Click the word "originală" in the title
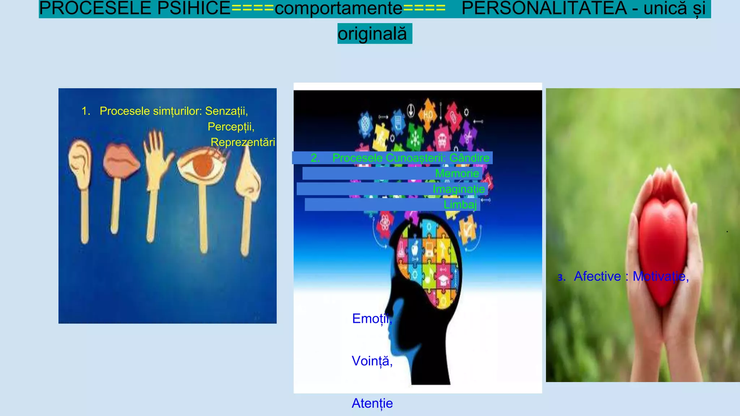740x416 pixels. coord(372,34)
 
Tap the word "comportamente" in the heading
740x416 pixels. coord(338,8)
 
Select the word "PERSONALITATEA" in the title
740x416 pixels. coord(544,8)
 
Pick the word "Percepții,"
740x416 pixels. coord(231,127)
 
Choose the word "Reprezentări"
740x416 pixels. coord(242,142)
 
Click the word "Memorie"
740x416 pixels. coord(457,173)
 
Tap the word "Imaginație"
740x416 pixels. coord(459,189)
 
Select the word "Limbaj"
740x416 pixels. coord(460,205)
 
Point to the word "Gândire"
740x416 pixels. coord(469,158)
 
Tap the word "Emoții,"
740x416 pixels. coord(372,318)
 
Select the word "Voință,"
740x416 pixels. coord(372,361)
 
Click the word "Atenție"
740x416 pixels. coord(372,403)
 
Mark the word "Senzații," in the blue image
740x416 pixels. coord(226,111)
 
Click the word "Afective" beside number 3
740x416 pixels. coord(597,276)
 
